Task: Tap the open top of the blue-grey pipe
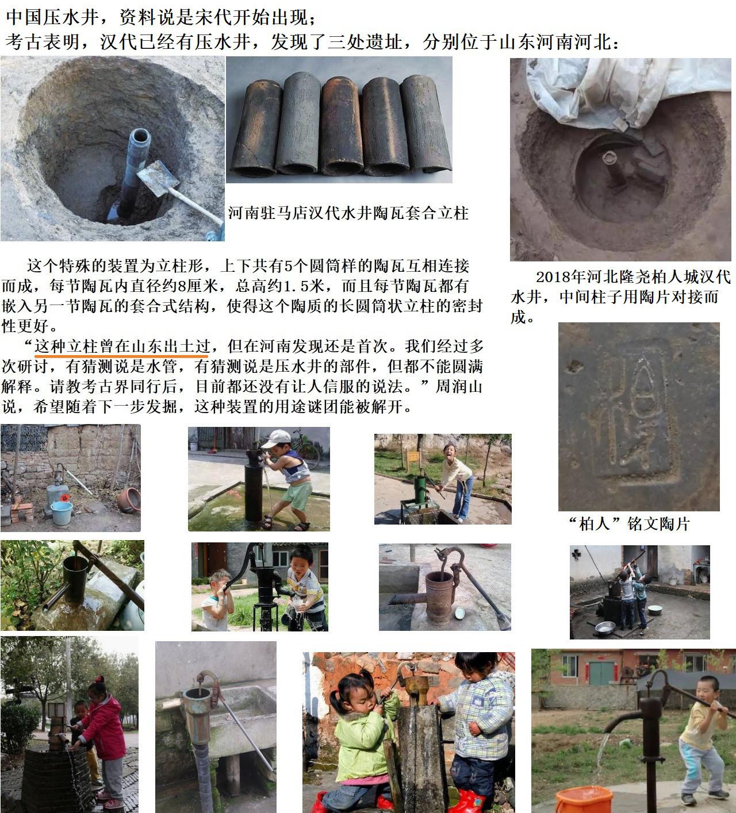coord(140,136)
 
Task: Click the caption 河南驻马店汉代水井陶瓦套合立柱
coord(348,213)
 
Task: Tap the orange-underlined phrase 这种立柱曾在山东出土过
coord(122,346)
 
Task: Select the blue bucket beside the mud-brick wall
coord(62,513)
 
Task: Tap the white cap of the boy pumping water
coord(276,438)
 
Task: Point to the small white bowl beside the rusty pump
coord(460,613)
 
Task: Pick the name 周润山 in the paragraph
coord(459,386)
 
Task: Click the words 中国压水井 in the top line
coord(53,17)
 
